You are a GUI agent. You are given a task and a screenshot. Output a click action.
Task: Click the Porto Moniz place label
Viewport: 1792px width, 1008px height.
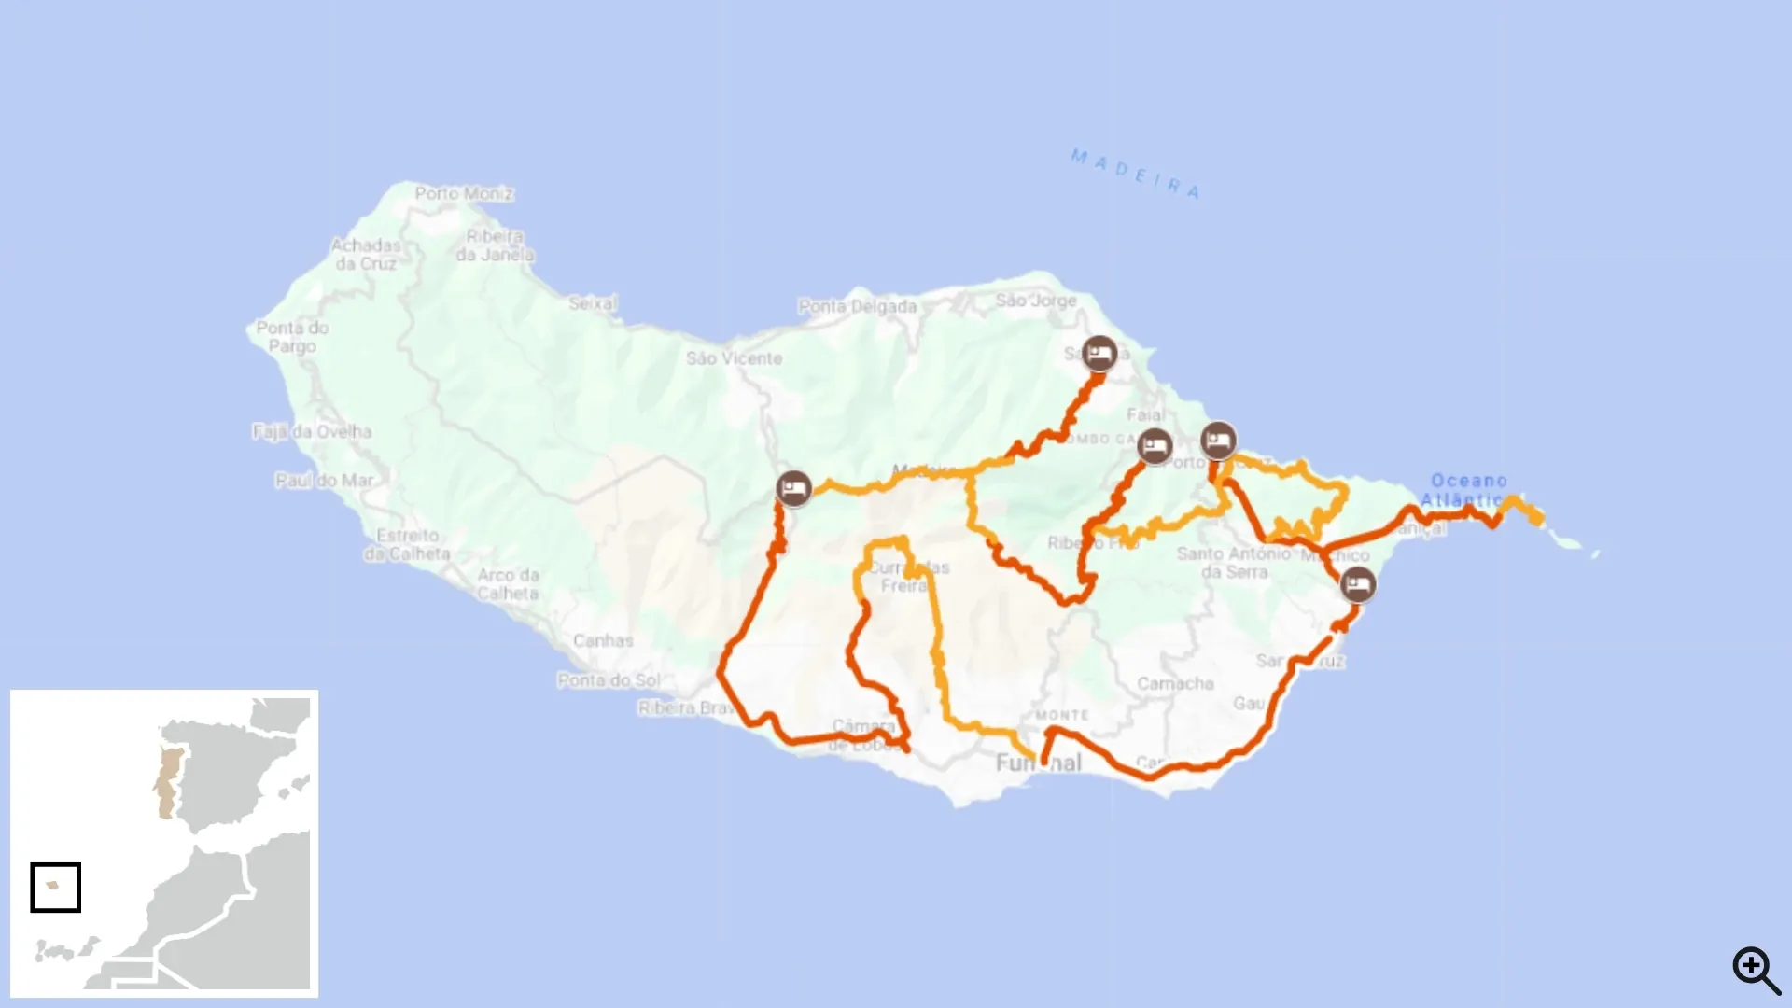[x=464, y=194]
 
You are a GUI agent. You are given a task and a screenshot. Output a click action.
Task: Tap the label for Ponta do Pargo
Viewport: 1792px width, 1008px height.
[x=292, y=337]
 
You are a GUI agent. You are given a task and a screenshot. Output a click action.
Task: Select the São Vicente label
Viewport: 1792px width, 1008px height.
[x=734, y=358]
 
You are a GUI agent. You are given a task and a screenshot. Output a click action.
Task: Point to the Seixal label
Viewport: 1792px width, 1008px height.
[x=593, y=303]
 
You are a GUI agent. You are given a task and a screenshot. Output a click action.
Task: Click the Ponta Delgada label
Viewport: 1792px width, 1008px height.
[x=857, y=306]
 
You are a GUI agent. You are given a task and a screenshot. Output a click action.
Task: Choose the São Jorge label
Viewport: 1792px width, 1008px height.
[x=1036, y=301]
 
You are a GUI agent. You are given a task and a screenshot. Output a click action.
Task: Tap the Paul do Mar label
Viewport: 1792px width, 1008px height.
[x=324, y=481]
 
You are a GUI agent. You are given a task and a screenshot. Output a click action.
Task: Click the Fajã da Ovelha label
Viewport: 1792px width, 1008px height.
[x=312, y=432]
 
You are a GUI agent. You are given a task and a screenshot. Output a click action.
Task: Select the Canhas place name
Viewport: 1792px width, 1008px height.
[x=603, y=641]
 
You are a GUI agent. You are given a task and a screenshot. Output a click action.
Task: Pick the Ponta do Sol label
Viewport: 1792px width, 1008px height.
[x=609, y=680]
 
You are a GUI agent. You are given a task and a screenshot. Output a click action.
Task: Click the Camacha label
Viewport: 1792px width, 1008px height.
[x=1175, y=684]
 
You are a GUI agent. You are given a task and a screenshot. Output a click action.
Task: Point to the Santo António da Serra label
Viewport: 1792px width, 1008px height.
[x=1234, y=563]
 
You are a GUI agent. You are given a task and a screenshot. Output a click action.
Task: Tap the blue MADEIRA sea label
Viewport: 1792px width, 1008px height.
[x=1135, y=174]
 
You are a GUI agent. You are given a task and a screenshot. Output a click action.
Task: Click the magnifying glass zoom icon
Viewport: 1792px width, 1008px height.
[x=1756, y=970]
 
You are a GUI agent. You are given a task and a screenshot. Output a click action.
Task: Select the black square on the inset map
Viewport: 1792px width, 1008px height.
[x=56, y=887]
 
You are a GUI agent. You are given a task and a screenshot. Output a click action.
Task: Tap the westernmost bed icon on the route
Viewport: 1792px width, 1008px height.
[x=793, y=488]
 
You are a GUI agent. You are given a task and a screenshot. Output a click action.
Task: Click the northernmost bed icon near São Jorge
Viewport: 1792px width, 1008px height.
[x=1099, y=354]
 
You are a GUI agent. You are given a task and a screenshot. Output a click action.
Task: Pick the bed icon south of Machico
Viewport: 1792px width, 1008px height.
[x=1357, y=585]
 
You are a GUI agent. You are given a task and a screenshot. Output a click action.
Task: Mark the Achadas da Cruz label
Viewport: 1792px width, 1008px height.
[x=366, y=254]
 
